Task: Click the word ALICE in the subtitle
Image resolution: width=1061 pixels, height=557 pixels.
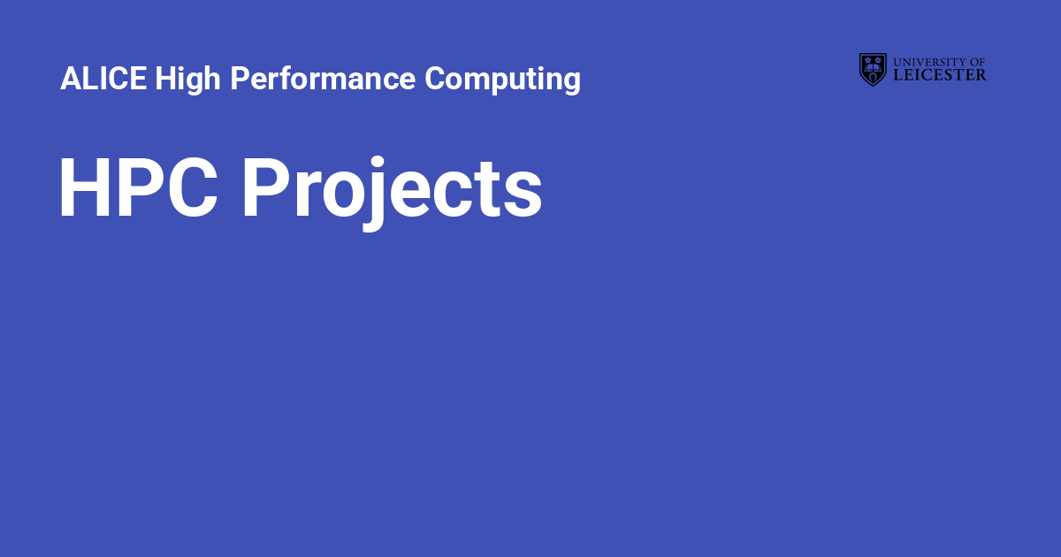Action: pyautogui.click(x=103, y=79)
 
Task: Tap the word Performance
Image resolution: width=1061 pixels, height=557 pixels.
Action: pyautogui.click(x=323, y=79)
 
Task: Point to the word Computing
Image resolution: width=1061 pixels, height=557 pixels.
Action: pyautogui.click(x=502, y=79)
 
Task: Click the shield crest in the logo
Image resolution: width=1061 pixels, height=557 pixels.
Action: pyautogui.click(x=873, y=69)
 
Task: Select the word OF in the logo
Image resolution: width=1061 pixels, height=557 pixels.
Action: pyautogui.click(x=978, y=62)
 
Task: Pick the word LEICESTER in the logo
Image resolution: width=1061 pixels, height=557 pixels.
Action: pyautogui.click(x=940, y=76)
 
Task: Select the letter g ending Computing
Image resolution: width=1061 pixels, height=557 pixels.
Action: pyautogui.click(x=571, y=81)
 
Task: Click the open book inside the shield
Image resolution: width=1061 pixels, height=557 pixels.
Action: pyautogui.click(x=873, y=64)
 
